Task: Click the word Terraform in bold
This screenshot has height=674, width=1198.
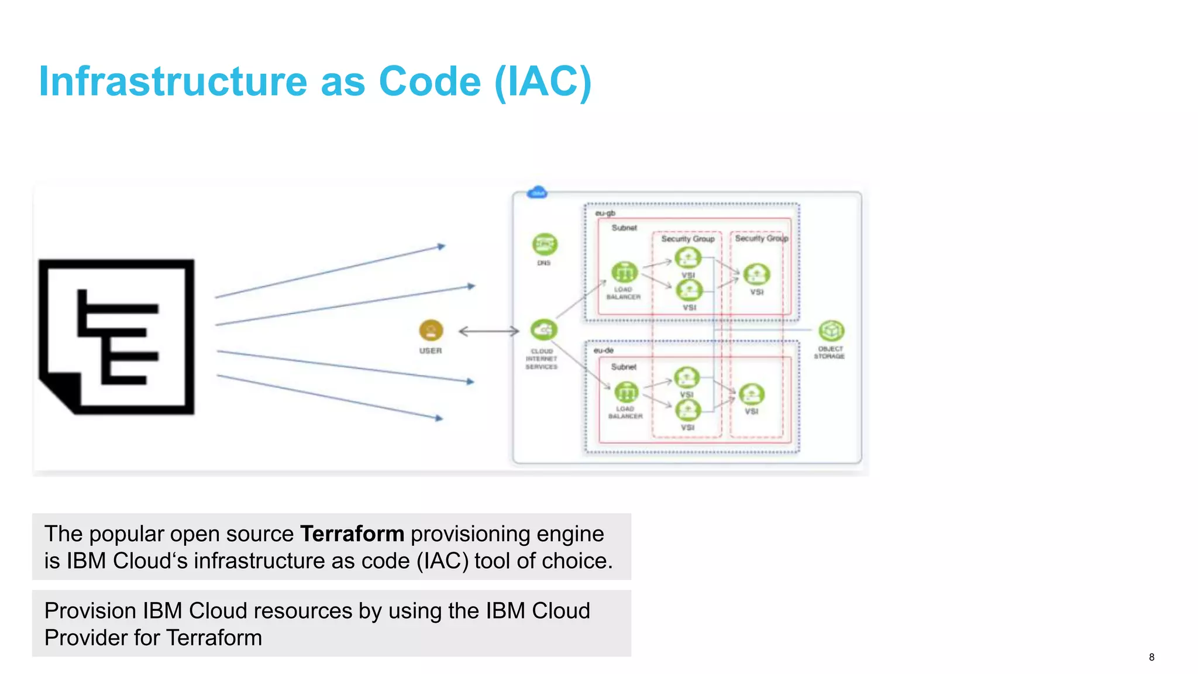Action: point(352,534)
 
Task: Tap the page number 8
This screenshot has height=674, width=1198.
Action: point(1151,657)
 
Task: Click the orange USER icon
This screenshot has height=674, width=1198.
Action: point(431,331)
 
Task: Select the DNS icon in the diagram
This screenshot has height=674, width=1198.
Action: point(545,244)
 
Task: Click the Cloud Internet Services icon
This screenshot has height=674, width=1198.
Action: point(543,330)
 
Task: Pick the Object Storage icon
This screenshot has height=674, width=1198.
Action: point(831,331)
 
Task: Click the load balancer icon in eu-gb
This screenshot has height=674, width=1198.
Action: point(624,273)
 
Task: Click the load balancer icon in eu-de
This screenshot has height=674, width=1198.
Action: point(625,391)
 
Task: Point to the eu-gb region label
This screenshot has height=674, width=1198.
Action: point(605,213)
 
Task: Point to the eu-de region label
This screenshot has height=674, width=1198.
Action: point(603,350)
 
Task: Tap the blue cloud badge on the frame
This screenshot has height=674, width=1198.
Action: point(537,192)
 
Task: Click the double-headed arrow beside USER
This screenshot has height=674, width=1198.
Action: point(488,332)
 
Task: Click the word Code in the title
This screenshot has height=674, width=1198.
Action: point(429,81)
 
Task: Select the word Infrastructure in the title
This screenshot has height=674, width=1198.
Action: point(173,81)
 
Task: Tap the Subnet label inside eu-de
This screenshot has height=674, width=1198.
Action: point(624,367)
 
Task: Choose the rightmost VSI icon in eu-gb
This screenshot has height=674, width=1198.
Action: point(756,274)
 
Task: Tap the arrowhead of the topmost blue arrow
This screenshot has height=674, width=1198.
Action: point(442,246)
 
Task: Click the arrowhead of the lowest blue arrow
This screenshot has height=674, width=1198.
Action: point(439,418)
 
